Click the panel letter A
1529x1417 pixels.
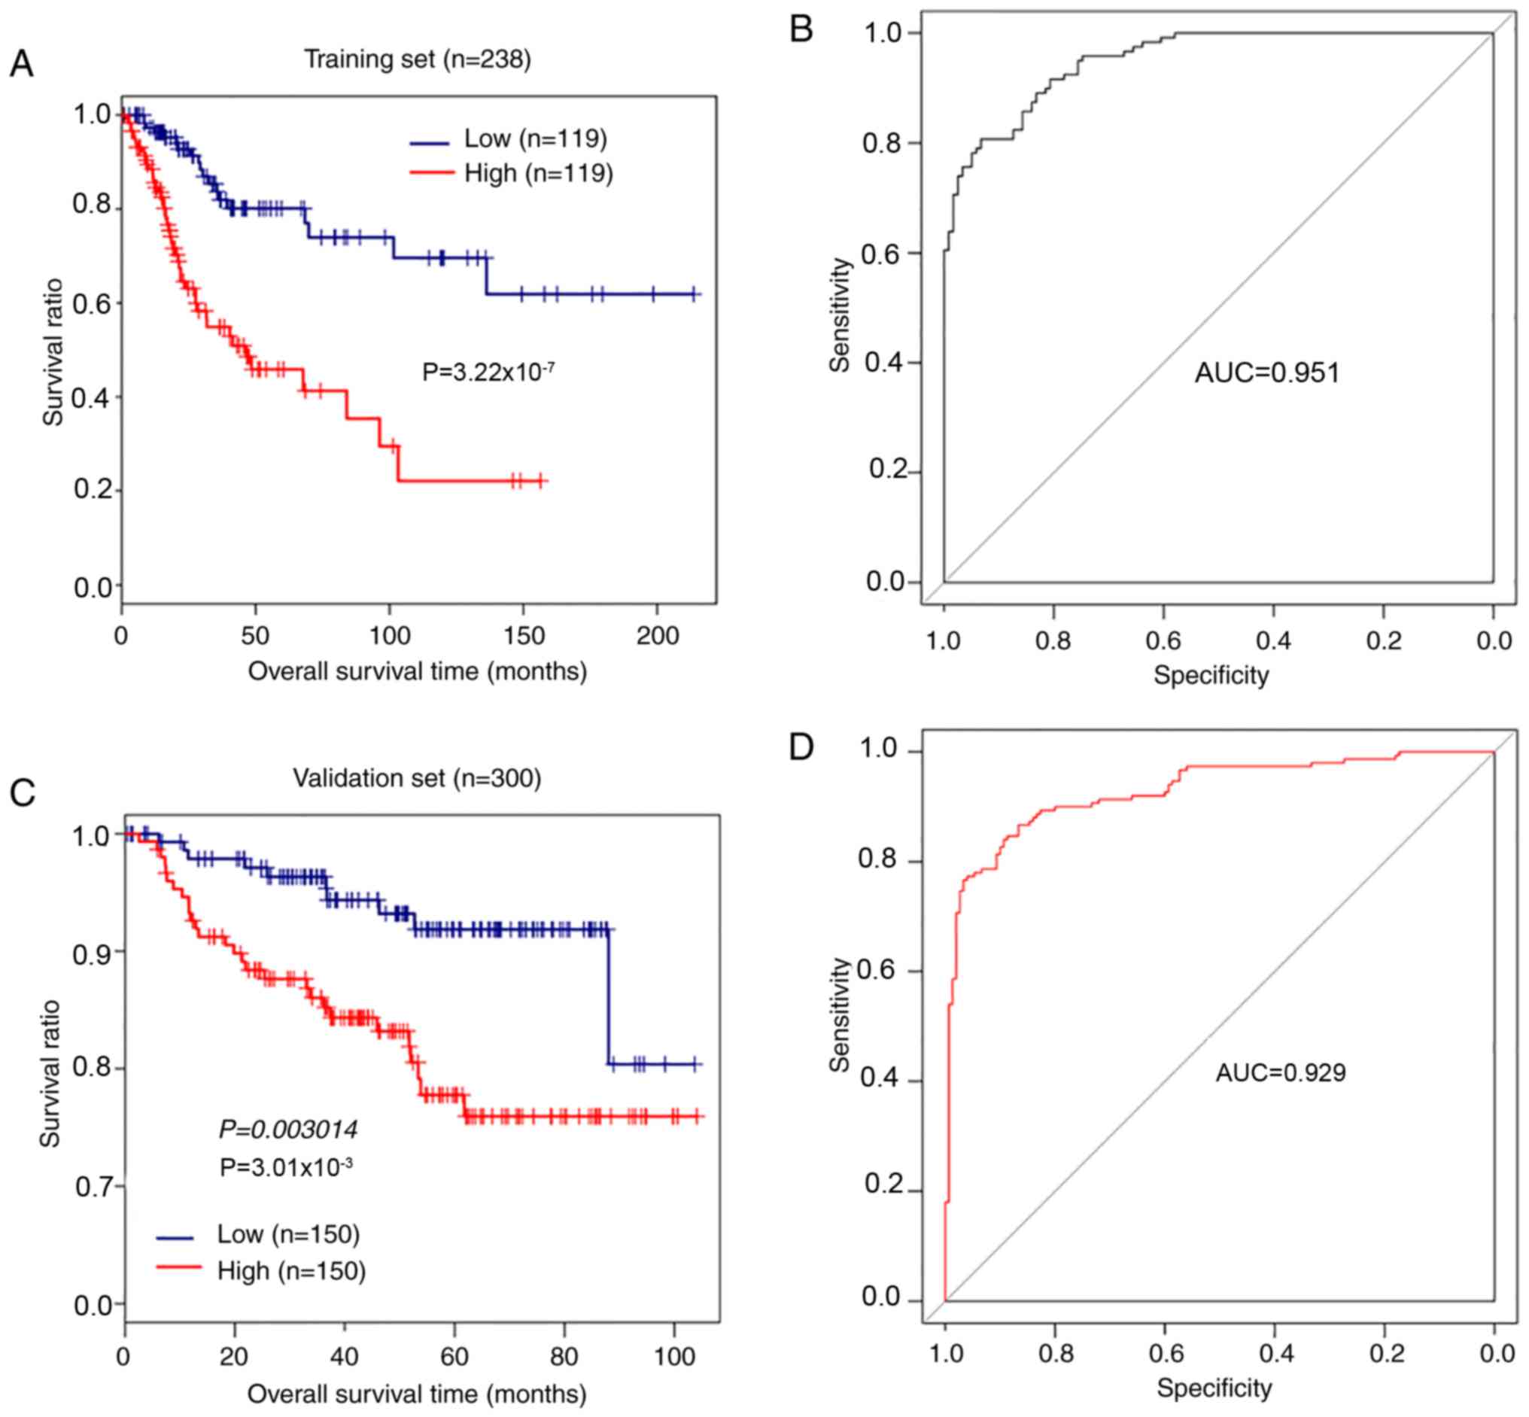click(22, 65)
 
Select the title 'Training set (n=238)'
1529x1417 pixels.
click(417, 59)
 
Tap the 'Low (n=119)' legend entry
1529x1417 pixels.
click(535, 138)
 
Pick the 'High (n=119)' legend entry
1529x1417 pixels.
click(538, 173)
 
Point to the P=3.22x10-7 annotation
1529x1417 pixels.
click(488, 372)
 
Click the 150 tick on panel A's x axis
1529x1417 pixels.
click(524, 636)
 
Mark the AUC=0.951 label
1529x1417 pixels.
click(1266, 373)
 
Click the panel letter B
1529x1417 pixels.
click(801, 29)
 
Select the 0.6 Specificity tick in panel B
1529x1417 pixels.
click(1163, 640)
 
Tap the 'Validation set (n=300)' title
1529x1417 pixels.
click(417, 778)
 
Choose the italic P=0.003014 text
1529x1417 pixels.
click(288, 1129)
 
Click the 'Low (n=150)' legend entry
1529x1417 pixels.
click(288, 1233)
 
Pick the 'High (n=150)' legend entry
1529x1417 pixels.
click(291, 1270)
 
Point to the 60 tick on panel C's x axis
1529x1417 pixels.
click(454, 1357)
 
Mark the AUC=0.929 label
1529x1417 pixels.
click(1281, 1072)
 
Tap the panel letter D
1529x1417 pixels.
click(801, 747)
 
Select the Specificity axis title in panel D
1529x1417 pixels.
click(1214, 1388)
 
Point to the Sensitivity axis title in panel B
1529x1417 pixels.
click(840, 315)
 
